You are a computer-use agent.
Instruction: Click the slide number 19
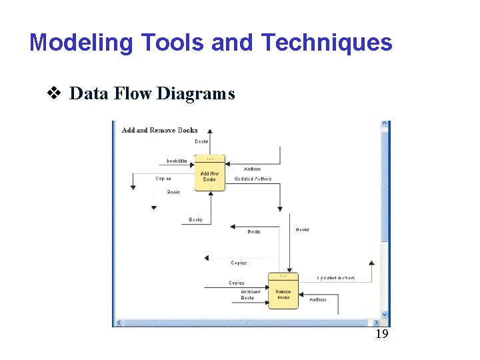click(381, 334)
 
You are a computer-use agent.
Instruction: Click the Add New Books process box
click(209, 175)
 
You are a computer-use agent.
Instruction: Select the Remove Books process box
click(283, 292)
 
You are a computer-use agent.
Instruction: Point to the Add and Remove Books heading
click(160, 130)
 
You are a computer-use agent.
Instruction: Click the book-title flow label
click(177, 161)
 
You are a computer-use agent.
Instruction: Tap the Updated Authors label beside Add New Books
click(253, 179)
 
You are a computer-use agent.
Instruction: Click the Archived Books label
click(251, 295)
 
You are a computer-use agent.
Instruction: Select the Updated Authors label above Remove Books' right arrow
click(336, 278)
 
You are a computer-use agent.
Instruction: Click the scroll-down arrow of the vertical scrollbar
click(385, 314)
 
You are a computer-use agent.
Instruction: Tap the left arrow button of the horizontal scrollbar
click(119, 323)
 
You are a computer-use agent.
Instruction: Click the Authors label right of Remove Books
click(318, 299)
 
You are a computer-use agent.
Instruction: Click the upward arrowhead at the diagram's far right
click(371, 263)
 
